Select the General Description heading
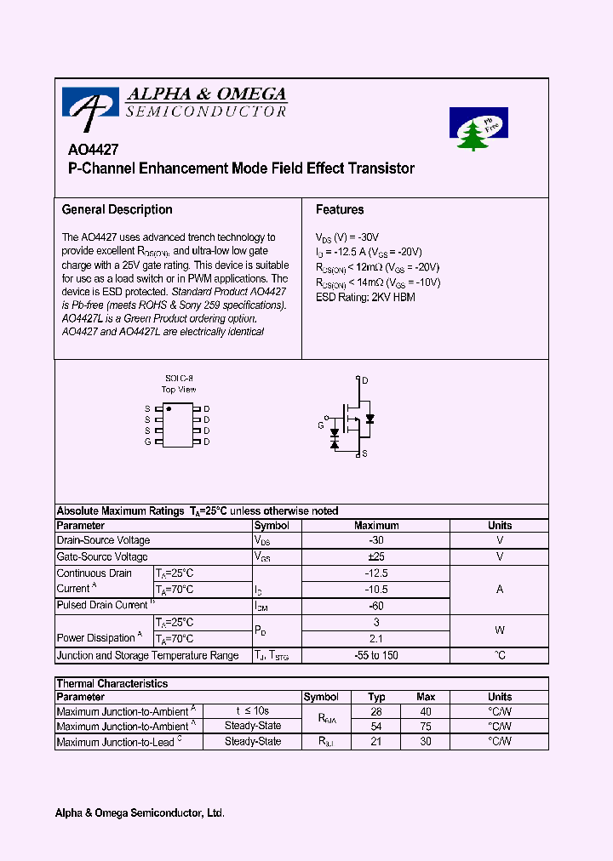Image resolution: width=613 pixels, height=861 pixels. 117,209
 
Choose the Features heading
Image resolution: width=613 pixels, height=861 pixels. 340,209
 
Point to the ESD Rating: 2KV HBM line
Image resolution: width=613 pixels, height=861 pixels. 365,297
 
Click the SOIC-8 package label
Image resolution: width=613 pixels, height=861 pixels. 179,378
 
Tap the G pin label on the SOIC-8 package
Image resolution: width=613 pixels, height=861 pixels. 147,442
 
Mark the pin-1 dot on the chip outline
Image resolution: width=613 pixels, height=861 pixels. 169,409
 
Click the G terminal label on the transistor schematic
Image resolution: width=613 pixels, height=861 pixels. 321,424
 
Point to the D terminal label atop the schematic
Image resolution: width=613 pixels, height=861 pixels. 365,380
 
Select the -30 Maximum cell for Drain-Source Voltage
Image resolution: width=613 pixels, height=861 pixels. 376,540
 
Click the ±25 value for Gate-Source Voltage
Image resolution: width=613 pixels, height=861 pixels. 376,556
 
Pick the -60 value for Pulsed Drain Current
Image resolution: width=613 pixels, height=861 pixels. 376,605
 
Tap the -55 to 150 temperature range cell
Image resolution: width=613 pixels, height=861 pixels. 376,655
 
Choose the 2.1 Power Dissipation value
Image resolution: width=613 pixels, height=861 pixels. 376,638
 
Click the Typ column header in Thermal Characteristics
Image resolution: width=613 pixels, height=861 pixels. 376,697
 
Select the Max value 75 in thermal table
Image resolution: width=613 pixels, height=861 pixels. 426,727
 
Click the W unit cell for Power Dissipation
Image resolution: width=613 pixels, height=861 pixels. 500,630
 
